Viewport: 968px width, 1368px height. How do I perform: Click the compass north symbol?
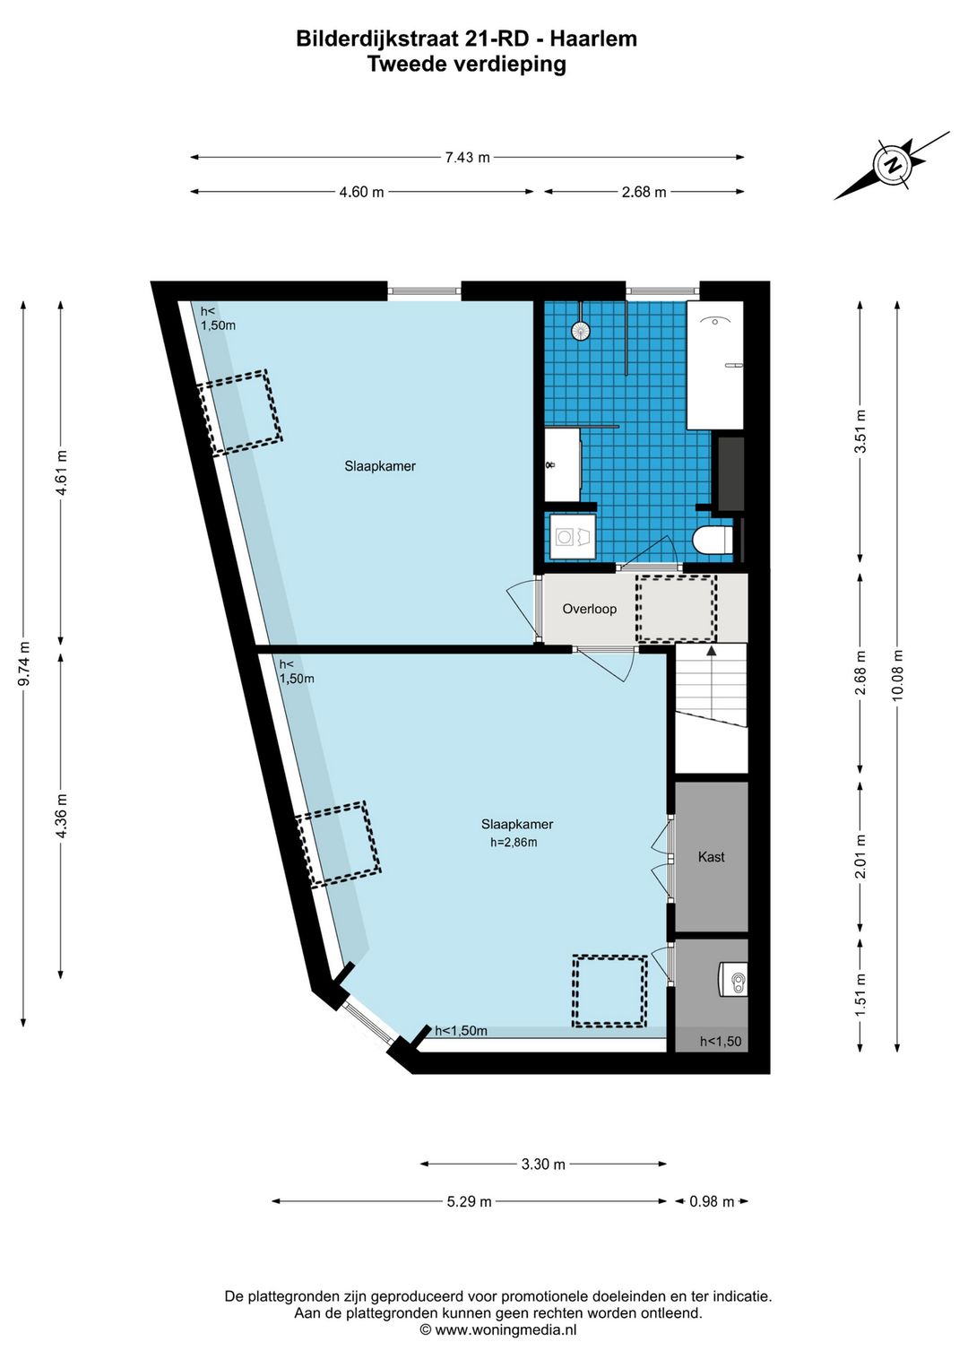coord(894,164)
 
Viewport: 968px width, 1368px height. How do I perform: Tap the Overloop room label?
coord(589,609)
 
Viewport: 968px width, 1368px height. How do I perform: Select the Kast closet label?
coord(711,857)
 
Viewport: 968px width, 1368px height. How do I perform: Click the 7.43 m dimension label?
coord(467,158)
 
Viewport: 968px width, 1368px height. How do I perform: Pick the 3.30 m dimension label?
coord(543,1164)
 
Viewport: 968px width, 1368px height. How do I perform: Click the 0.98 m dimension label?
coord(712,1201)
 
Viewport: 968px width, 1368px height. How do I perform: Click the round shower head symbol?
coord(581,331)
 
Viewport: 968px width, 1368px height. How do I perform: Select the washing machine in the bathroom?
coord(572,537)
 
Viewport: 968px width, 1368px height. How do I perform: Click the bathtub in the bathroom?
coord(715,365)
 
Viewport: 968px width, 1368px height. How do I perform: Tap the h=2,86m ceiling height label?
coord(514,843)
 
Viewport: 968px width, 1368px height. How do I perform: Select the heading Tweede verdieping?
coord(467,64)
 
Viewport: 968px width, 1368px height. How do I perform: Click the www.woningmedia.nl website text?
coord(506,1329)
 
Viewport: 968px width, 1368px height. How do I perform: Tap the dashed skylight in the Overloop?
coord(676,608)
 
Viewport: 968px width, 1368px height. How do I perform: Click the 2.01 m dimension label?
coord(860,857)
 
